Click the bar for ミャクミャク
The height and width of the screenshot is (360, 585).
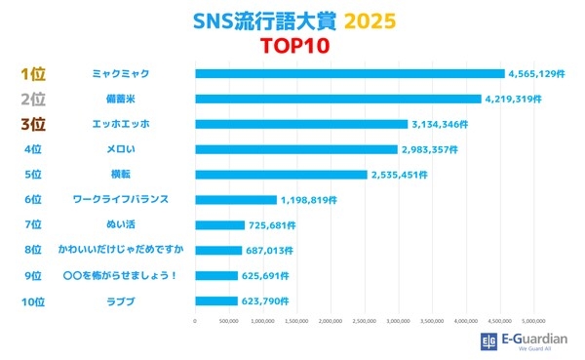[349, 73]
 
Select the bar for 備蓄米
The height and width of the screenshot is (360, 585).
[338, 99]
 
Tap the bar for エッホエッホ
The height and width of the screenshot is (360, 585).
[301, 124]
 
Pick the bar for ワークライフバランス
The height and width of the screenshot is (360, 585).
[236, 199]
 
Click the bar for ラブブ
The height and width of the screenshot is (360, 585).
[216, 300]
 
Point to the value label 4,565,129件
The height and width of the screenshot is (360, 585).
[538, 73]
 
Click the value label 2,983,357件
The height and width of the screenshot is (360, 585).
[431, 149]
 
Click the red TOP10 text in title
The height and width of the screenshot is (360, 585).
[292, 45]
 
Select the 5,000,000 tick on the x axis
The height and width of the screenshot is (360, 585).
[534, 320]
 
